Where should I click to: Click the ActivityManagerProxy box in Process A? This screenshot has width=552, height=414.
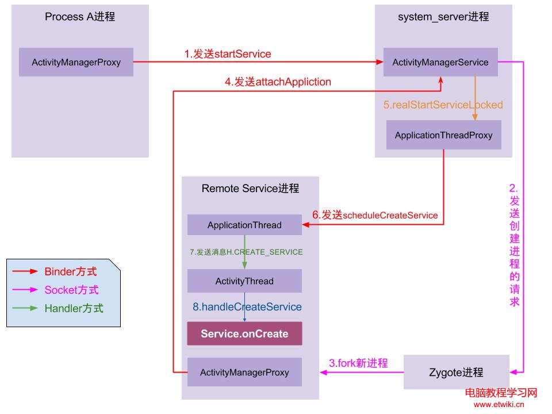[x=76, y=62]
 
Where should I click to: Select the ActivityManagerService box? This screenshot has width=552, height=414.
[x=440, y=62]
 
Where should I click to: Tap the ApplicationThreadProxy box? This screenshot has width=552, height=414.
[x=443, y=136]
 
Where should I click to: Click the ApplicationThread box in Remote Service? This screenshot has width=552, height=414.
[x=244, y=225]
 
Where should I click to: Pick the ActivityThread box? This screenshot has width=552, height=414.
[x=244, y=281]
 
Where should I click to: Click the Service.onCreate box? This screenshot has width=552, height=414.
[x=244, y=333]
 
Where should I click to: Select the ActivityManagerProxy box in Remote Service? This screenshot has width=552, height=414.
[x=244, y=372]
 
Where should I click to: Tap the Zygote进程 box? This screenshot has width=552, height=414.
[x=457, y=372]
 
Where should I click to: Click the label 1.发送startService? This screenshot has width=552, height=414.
[x=228, y=54]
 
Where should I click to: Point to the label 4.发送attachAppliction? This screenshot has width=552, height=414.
[x=278, y=82]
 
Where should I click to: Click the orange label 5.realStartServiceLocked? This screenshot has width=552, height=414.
[x=443, y=105]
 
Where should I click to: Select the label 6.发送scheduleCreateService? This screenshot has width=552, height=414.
[x=375, y=215]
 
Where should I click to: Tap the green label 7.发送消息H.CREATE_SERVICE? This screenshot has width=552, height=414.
[x=246, y=252]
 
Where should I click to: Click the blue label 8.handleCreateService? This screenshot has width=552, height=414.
[x=247, y=307]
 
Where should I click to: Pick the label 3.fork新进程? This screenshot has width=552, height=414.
[x=358, y=363]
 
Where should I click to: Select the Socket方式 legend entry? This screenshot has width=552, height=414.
[x=71, y=290]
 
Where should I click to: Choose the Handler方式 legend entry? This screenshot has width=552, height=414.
[x=74, y=308]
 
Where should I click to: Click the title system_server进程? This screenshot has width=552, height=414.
[x=443, y=17]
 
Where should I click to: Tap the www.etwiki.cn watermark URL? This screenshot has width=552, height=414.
[x=499, y=404]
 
